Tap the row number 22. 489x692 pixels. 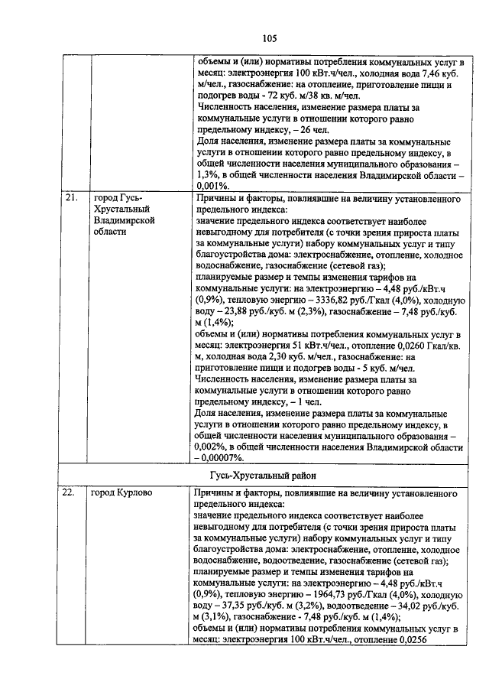point(70,493)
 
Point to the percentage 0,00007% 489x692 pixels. point(222,457)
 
